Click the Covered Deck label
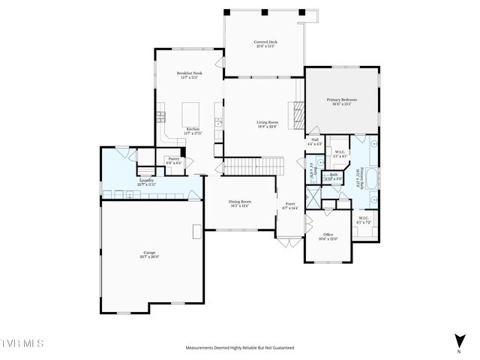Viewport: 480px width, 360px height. point(264,43)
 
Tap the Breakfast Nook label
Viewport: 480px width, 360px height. point(189,73)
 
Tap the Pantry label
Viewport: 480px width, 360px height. point(173,158)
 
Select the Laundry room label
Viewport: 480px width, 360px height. point(147,180)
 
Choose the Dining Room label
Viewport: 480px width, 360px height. point(240,201)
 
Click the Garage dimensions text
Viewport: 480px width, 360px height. point(151,256)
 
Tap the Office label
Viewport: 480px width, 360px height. point(328,235)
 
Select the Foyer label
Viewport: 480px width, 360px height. point(289,204)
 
